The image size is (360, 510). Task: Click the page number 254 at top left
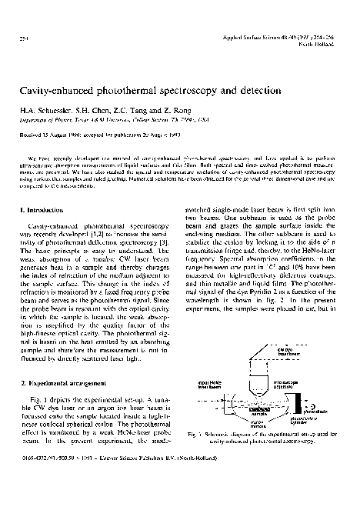pos(22,38)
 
